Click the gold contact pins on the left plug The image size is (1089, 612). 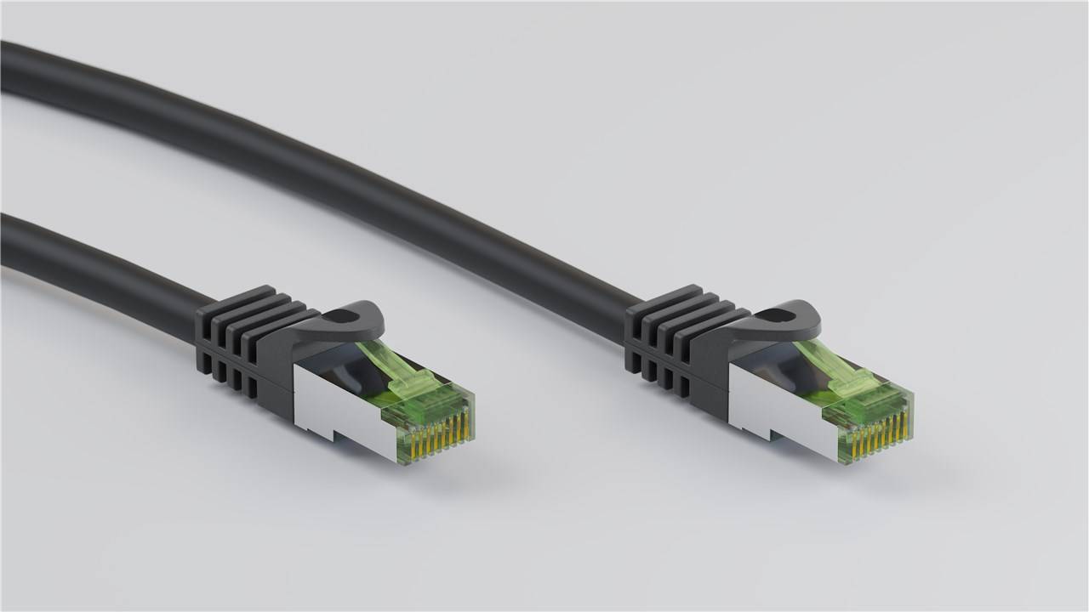coord(443,433)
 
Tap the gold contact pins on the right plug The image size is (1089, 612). coord(881,432)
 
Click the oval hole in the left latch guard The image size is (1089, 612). coord(343,316)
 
